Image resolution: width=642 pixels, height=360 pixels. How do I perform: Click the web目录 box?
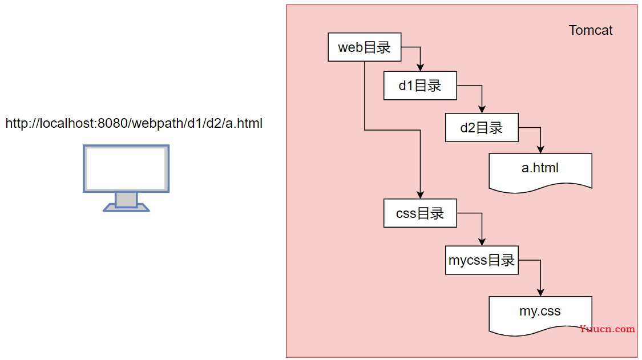click(364, 47)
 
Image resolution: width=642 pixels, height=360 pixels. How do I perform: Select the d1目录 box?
click(420, 86)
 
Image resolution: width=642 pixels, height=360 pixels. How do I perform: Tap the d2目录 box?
click(482, 127)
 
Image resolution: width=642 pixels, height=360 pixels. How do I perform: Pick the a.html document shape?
click(540, 169)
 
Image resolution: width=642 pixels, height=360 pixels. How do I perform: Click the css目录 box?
click(420, 213)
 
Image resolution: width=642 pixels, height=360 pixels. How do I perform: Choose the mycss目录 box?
click(482, 260)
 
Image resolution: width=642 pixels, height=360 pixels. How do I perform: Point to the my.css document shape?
click(540, 313)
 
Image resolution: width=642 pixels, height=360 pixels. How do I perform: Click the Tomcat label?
click(590, 31)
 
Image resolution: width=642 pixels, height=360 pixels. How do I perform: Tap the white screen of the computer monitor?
click(126, 168)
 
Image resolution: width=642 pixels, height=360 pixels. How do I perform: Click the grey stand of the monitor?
click(126, 200)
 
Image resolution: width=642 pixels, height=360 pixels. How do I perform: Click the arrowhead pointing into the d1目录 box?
click(420, 67)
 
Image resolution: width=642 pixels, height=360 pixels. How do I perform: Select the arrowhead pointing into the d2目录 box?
click(482, 110)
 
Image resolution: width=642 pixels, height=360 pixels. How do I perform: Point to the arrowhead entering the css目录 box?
click(420, 195)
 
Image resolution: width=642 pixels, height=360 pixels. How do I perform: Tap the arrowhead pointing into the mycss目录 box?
click(482, 242)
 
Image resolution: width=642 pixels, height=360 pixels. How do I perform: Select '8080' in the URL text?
click(112, 123)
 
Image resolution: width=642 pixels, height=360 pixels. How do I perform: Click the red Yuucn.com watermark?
click(607, 329)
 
